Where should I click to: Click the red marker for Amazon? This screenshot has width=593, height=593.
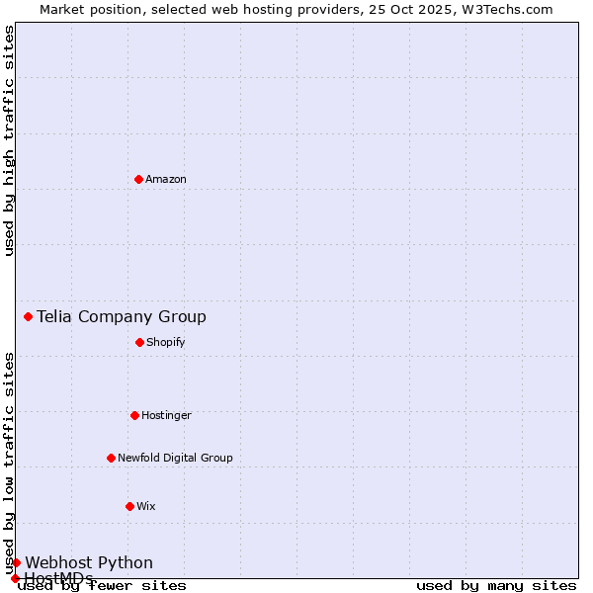(x=138, y=179)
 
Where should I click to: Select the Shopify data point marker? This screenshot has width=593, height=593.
(x=139, y=342)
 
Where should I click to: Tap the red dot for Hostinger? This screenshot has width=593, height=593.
(x=134, y=415)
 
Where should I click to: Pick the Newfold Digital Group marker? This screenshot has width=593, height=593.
(x=111, y=458)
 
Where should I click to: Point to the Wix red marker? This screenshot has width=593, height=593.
(x=129, y=506)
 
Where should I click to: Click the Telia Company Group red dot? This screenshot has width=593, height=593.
(x=28, y=316)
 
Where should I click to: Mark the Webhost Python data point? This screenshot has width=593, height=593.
(x=16, y=562)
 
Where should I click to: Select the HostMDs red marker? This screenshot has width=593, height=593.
(x=15, y=578)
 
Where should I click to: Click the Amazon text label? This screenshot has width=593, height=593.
(x=166, y=179)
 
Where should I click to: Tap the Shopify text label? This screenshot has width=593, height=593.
(x=166, y=342)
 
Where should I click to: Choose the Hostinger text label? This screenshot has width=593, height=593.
(x=166, y=415)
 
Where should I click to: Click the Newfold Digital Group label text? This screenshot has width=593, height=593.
(x=175, y=458)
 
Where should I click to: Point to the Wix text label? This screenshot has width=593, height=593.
(x=146, y=506)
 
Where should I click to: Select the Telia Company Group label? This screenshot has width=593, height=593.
(x=122, y=316)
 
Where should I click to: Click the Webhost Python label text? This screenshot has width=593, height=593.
(x=89, y=562)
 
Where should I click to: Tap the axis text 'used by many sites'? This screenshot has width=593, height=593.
(x=496, y=585)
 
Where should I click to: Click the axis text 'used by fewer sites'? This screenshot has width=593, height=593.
(x=102, y=585)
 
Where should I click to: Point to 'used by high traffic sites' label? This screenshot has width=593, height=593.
(x=9, y=140)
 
